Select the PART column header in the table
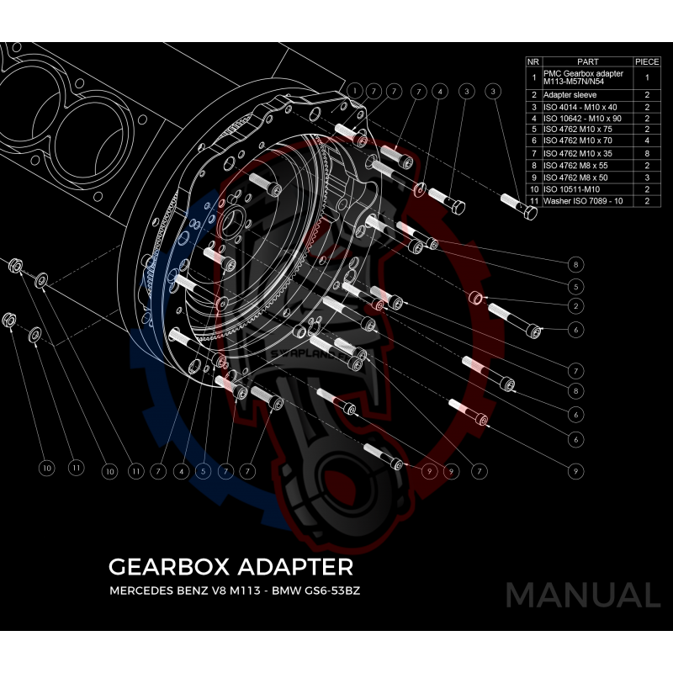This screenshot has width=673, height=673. pos(587,62)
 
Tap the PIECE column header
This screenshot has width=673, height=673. pos(647,62)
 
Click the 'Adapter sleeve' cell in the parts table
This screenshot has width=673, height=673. pos(568,95)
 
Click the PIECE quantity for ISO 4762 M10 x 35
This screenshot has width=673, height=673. pos(647,154)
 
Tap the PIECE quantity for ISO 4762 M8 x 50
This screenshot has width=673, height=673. pos(647,178)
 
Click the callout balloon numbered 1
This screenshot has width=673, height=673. pos(356,90)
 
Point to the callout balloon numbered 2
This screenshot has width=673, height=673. pos(576,305)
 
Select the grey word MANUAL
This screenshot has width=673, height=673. pos(582,595)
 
